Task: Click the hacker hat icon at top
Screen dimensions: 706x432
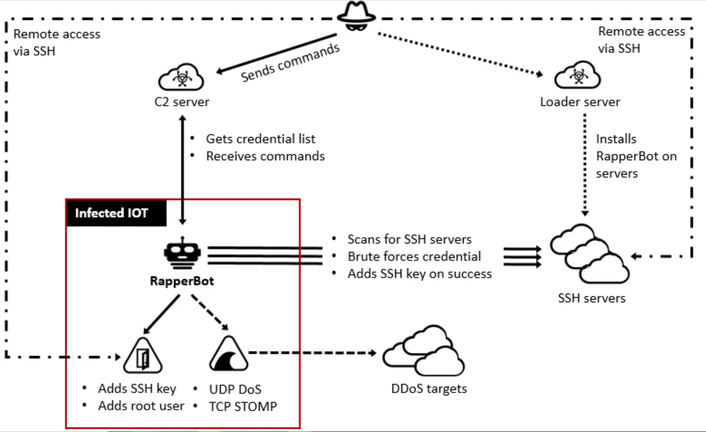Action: coord(356,16)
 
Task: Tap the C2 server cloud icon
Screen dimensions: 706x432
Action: coord(181,77)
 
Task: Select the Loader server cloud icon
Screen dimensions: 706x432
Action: coord(577,75)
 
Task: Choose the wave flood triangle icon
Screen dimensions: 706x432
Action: coord(229,353)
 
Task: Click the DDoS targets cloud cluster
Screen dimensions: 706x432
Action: coord(424,351)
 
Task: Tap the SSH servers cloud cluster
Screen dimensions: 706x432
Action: coord(590,253)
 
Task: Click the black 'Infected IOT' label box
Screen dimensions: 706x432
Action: coord(116,213)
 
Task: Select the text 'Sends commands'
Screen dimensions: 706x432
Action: coord(290,63)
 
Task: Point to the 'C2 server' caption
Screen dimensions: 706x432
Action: coord(182,102)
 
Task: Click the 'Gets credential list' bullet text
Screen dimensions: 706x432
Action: coord(260,139)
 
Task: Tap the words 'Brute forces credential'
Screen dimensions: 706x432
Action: coord(414,256)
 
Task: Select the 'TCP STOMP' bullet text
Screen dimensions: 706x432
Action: coord(243,406)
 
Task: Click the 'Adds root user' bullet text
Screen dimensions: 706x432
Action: coord(141,406)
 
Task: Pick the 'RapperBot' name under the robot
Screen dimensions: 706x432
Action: coord(182,281)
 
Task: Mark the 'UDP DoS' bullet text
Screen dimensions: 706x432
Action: coord(235,389)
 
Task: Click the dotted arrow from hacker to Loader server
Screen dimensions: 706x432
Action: coord(460,54)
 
